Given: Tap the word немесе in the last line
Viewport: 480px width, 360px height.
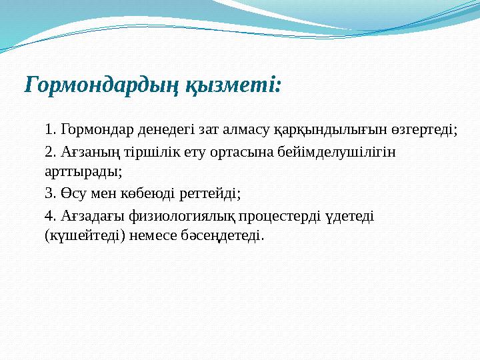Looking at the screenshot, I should (156, 235).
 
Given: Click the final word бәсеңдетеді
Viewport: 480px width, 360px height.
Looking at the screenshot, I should (227, 235).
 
